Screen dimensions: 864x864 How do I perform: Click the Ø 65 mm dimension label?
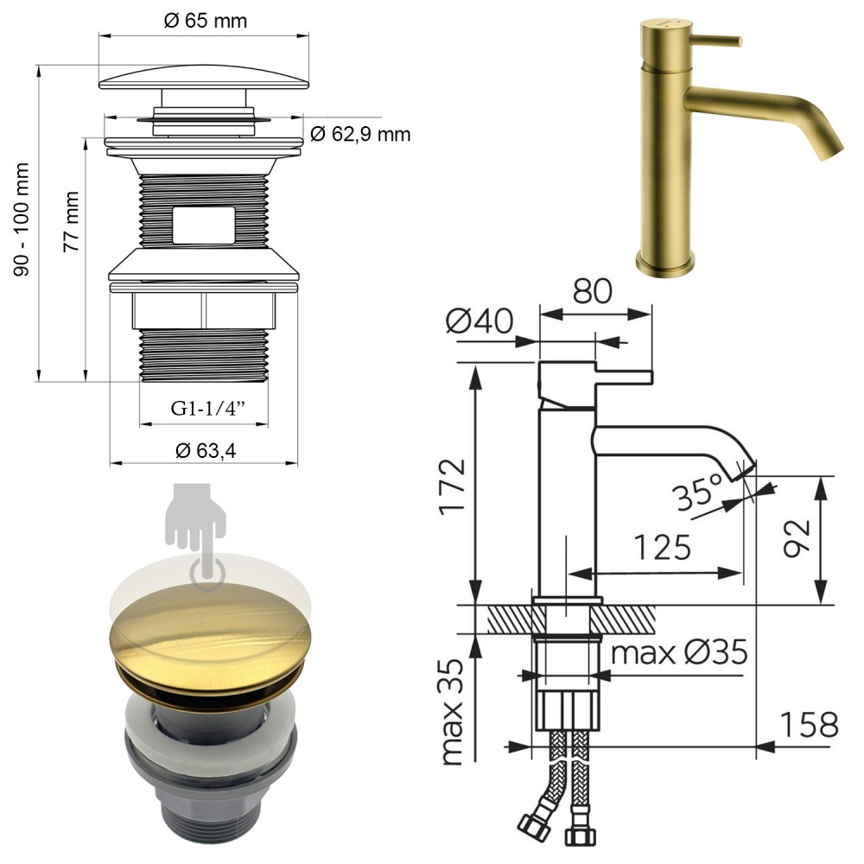(x=206, y=21)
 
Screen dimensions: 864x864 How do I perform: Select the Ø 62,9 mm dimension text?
(x=360, y=134)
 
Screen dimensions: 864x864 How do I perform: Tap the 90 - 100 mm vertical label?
(x=22, y=219)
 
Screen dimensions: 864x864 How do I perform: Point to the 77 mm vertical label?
(x=71, y=221)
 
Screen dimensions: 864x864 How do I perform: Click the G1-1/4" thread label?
(x=207, y=409)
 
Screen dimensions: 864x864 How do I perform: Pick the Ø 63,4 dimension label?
(x=206, y=451)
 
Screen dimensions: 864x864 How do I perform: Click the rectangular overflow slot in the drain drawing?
(x=203, y=225)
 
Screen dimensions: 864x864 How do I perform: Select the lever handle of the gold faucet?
(x=715, y=41)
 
